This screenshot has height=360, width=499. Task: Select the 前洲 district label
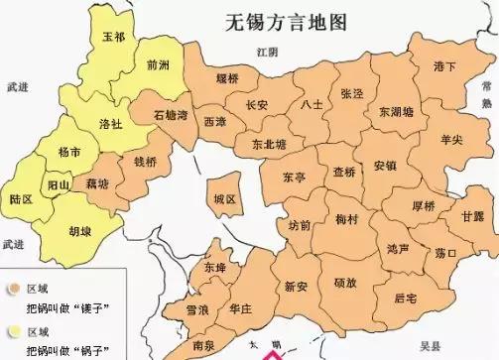[157, 65]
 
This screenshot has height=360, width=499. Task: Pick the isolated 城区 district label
[225, 199]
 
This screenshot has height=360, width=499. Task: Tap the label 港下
[444, 66]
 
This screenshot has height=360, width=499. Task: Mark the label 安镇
[386, 165]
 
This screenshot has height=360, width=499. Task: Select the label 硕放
[345, 285]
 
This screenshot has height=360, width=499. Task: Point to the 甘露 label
[473, 217]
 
